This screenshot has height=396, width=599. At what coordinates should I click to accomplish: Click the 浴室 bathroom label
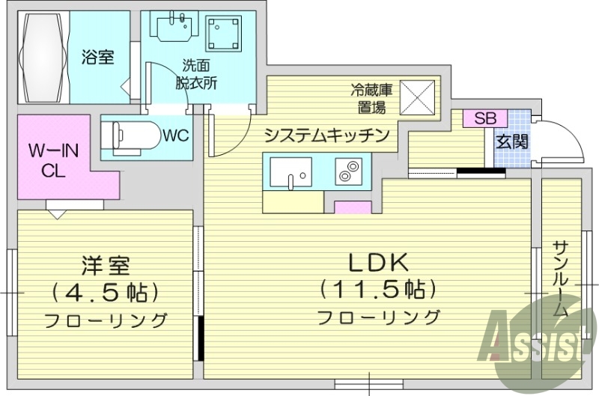point(98,57)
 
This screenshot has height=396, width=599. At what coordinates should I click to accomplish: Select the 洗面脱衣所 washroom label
point(198,74)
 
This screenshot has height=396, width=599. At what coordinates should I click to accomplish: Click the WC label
point(174,136)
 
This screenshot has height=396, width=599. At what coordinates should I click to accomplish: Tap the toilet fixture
point(132,136)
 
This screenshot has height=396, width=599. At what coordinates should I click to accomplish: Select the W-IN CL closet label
point(53,159)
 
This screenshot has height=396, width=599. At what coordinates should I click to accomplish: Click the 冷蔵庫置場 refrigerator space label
point(371,98)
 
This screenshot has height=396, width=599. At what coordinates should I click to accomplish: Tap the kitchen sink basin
point(291,171)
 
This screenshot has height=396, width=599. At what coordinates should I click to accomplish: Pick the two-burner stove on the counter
point(348,171)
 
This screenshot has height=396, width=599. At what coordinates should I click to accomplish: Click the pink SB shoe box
point(484,118)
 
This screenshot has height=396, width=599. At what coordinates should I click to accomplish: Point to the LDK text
point(378,263)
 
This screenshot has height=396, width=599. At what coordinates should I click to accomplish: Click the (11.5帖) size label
point(378,289)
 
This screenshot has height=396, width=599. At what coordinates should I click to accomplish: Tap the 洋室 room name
point(106,265)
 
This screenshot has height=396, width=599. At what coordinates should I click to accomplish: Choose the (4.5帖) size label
point(106,292)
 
